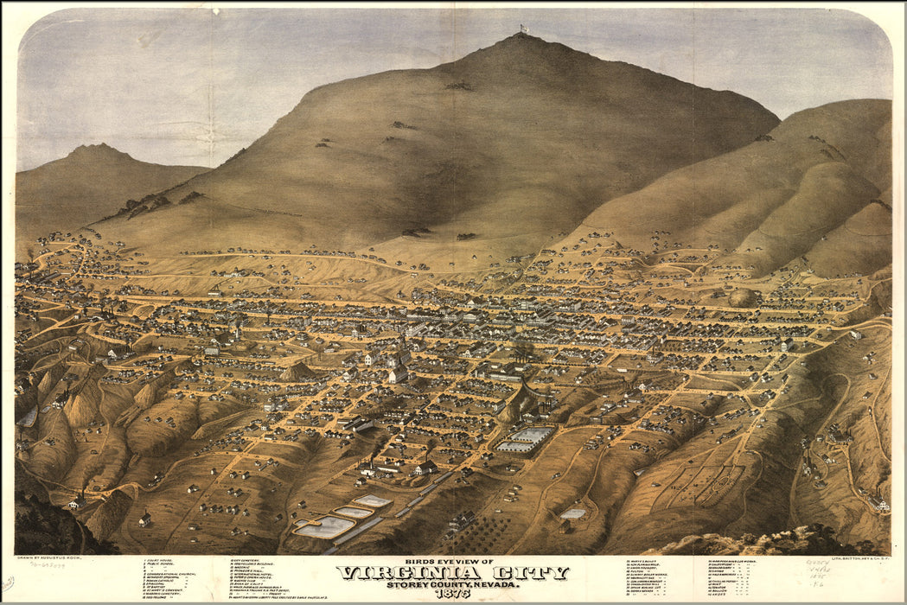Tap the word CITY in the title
tap(530, 573)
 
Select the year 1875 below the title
tap(453, 594)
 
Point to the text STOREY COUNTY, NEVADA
tap(453, 584)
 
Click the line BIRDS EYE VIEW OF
tap(453, 562)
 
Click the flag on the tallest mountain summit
tap(523, 28)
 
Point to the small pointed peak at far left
tap(97, 149)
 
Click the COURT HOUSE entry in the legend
tap(160, 563)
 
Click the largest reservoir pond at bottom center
tap(324, 526)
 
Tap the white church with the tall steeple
tap(398, 367)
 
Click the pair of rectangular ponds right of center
tap(525, 440)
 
